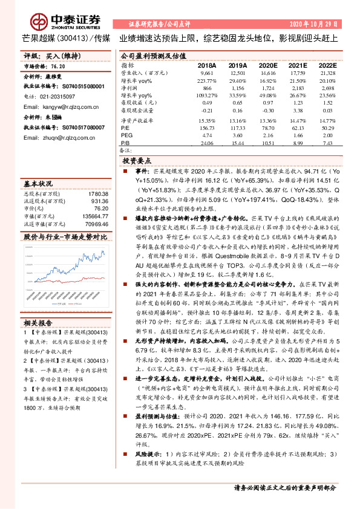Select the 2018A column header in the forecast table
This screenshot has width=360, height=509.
pos(206,64)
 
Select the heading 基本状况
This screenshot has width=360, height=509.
pos(38,183)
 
